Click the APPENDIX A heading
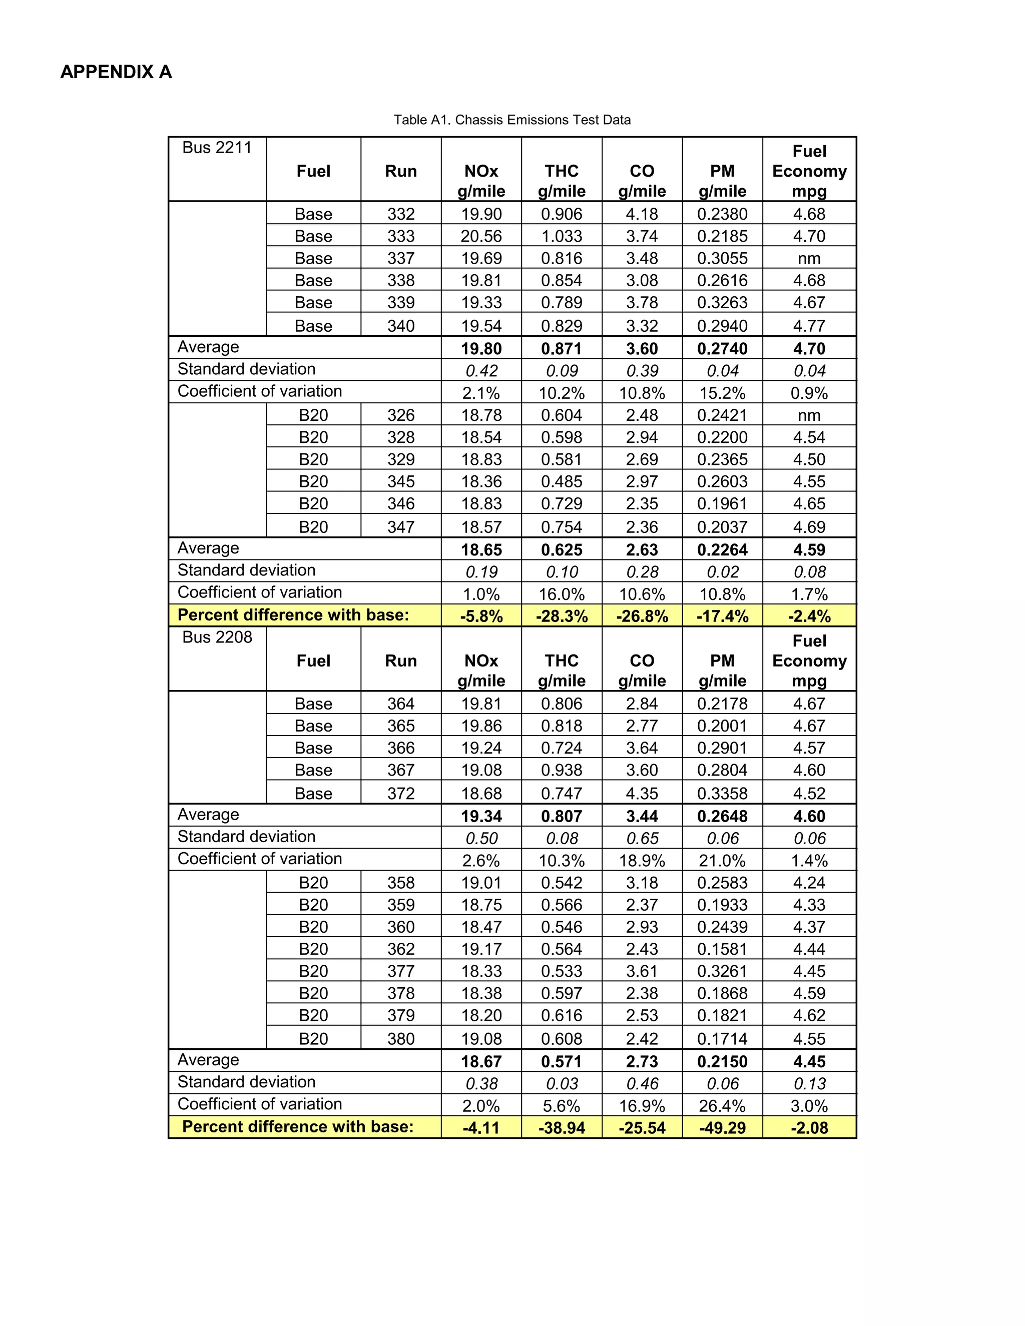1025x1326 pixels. [x=116, y=72]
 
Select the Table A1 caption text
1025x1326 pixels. [x=512, y=120]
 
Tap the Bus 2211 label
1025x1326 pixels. [x=217, y=148]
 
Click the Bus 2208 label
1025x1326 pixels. [x=217, y=637]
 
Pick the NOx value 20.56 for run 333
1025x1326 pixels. [x=481, y=236]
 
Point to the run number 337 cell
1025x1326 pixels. [x=401, y=258]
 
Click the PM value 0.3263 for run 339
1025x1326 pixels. [x=722, y=302]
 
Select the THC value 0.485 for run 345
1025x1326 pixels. [x=561, y=481]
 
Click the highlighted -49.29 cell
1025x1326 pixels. [x=722, y=1128]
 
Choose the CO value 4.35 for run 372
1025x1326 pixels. [x=642, y=794]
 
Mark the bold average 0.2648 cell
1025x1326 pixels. [x=722, y=816]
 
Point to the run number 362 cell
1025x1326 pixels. [x=401, y=949]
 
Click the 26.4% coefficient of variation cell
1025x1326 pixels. [x=722, y=1106]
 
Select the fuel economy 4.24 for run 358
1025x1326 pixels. [x=809, y=883]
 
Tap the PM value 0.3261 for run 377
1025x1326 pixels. [x=722, y=971]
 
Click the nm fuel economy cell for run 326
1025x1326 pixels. [x=809, y=415]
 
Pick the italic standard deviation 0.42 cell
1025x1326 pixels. [x=481, y=371]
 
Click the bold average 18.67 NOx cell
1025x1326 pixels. [x=481, y=1061]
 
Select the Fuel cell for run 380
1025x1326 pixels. [x=313, y=1039]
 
